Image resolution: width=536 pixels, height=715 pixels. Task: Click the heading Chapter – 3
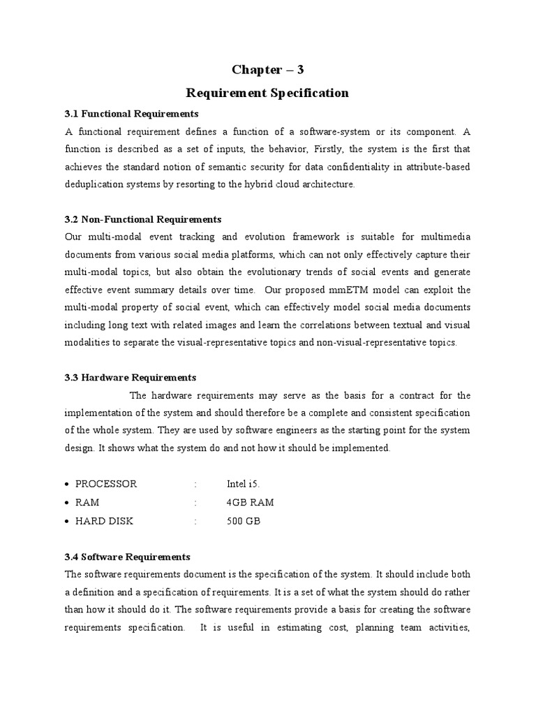click(x=268, y=69)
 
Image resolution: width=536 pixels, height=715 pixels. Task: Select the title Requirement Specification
click(x=267, y=93)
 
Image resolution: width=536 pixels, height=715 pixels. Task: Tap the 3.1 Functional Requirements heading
click(x=132, y=113)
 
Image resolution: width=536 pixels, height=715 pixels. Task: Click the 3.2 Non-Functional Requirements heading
click(x=143, y=219)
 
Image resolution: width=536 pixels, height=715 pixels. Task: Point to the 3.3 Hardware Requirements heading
click(x=131, y=377)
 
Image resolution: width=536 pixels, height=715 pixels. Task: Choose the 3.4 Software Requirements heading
click(x=128, y=556)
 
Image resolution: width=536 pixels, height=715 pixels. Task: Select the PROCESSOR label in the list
click(x=106, y=484)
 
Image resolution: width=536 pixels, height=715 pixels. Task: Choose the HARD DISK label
click(x=104, y=521)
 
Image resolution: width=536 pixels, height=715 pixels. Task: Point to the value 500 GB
click(x=244, y=521)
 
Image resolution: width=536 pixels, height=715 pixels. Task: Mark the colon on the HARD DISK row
click(x=196, y=521)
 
